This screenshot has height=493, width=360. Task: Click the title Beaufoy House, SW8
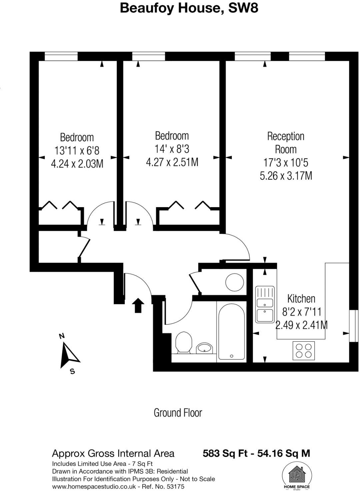click(x=189, y=8)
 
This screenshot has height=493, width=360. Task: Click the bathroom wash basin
click(x=204, y=348)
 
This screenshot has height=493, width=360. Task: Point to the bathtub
click(x=232, y=331)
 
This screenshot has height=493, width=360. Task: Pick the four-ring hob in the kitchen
click(x=304, y=350)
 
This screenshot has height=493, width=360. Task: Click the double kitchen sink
click(x=265, y=304)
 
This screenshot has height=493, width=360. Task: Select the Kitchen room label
click(x=301, y=298)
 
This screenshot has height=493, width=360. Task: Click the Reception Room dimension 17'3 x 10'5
click(x=286, y=163)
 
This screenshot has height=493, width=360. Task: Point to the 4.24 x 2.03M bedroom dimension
click(x=77, y=164)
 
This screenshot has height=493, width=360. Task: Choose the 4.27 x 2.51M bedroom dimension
click(x=172, y=162)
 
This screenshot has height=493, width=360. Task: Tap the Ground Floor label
click(x=178, y=413)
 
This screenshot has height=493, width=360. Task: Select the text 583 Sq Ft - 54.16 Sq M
click(x=256, y=453)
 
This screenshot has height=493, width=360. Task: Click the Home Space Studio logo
click(x=296, y=477)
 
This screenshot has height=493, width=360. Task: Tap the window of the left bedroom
click(x=61, y=56)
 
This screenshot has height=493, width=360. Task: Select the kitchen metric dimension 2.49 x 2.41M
click(x=301, y=325)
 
